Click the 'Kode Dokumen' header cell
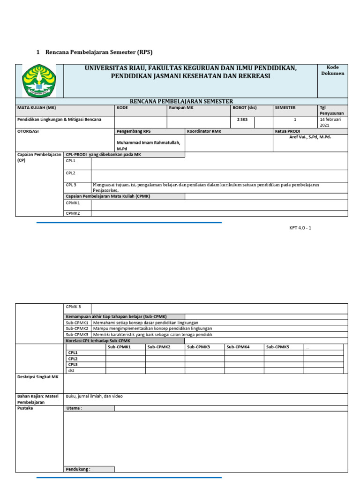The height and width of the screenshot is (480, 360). pyautogui.click(x=332, y=70)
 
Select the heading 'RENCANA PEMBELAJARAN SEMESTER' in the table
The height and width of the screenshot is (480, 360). pyautogui.click(x=181, y=101)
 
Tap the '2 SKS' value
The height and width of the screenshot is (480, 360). pyautogui.click(x=242, y=120)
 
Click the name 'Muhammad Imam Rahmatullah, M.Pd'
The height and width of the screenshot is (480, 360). pyautogui.click(x=148, y=145)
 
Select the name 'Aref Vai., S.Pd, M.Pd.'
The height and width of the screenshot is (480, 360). pyautogui.click(x=310, y=137)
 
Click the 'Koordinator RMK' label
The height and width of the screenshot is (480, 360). pyautogui.click(x=204, y=131)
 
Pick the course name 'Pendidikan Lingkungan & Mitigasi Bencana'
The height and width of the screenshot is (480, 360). pyautogui.click(x=59, y=120)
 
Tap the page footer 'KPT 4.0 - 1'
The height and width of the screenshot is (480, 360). pyautogui.click(x=300, y=228)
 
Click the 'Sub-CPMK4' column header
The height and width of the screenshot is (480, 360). pyautogui.click(x=238, y=347)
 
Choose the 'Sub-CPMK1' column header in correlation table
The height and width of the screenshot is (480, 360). pyautogui.click(x=119, y=347)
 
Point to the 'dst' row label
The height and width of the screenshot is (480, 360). pyautogui.click(x=71, y=370)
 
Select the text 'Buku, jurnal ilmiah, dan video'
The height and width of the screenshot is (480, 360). pyautogui.click(x=94, y=396)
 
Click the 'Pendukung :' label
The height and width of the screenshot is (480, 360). pyautogui.click(x=78, y=469)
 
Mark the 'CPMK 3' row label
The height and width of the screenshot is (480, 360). pyautogui.click(x=73, y=307)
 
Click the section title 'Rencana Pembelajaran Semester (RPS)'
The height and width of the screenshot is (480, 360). pyautogui.click(x=99, y=52)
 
